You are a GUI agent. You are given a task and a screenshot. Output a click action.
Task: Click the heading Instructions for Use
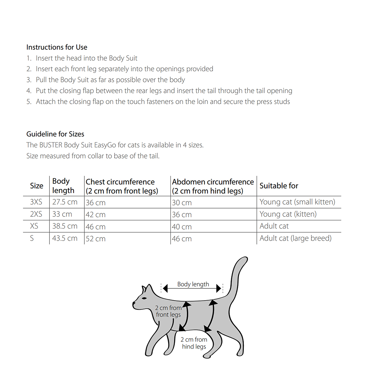point(57,47)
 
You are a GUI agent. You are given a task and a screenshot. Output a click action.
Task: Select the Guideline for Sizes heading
point(55,134)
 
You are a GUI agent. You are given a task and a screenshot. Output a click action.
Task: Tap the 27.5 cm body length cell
point(65,202)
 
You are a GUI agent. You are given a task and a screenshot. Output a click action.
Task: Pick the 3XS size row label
point(36,202)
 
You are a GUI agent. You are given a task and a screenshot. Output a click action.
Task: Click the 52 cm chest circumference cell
point(95,239)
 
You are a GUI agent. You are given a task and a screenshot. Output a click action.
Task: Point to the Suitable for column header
point(279,186)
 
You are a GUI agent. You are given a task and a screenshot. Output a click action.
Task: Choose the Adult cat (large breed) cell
point(295,238)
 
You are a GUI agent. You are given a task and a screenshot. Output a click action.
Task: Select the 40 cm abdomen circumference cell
point(182,227)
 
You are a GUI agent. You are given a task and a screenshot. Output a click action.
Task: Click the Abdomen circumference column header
point(213,186)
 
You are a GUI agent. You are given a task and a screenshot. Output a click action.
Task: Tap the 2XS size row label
point(36,214)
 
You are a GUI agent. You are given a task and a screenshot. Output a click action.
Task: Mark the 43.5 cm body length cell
point(65,238)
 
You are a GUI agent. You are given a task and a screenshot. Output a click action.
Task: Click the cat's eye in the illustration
point(145,298)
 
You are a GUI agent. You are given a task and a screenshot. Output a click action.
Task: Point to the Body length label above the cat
point(193,284)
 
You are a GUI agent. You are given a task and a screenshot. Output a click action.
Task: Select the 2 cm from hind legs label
point(194,343)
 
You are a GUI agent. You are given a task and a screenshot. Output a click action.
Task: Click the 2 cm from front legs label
point(168,311)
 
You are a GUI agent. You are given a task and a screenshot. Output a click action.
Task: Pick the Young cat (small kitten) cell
point(297,202)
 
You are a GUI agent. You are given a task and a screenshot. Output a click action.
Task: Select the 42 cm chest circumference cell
point(95,215)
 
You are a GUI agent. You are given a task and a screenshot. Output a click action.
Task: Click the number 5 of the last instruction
point(29,102)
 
